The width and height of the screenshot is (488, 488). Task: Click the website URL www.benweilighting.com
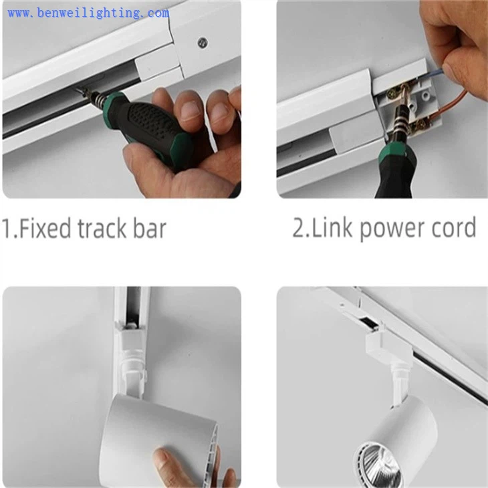(88, 13)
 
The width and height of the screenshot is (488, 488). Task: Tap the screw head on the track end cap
(203, 42)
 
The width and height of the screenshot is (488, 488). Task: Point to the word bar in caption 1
(150, 229)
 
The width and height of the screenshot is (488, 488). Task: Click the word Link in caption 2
(332, 227)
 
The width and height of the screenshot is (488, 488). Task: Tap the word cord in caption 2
(454, 227)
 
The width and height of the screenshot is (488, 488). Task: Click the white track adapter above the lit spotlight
(386, 346)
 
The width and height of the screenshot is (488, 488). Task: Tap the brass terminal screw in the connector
(394, 91)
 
